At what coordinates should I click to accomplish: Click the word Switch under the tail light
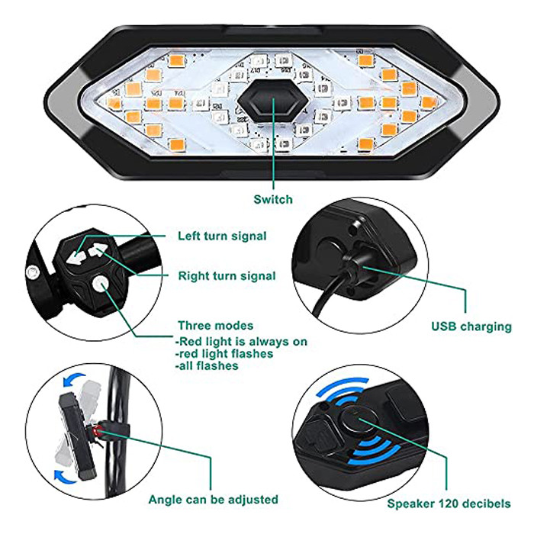pos(273,199)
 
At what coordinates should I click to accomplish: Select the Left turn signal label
pos(222,236)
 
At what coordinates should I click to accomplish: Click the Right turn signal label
pos(227,276)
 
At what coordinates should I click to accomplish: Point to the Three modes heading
pos(216,326)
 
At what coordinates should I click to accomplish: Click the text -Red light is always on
pos(241,341)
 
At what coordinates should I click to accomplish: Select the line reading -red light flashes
pos(224,353)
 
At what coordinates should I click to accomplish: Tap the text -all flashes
pos(207,365)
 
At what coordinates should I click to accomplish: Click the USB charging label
pos(471,327)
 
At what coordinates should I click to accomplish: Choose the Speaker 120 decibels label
pos(449,503)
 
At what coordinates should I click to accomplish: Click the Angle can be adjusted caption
pos(214,500)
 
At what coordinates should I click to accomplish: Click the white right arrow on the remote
pos(96,250)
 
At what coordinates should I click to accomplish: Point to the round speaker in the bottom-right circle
pos(359,420)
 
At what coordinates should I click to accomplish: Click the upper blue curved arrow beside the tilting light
pos(73,379)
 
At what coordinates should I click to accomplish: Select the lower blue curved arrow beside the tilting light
pos(66,477)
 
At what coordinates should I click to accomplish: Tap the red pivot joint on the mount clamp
pos(98,433)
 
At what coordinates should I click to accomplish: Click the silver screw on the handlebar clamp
pos(32,272)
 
